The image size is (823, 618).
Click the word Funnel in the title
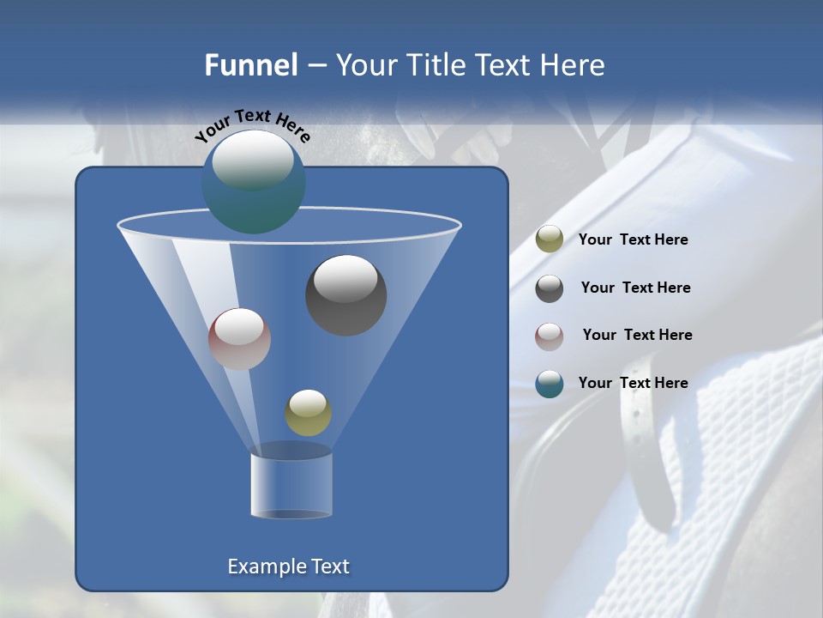[250, 65]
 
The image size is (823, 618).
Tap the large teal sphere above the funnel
[253, 181]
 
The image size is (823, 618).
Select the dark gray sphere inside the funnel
[346, 295]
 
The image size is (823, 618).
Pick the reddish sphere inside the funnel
[239, 339]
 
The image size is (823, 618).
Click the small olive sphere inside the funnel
[308, 413]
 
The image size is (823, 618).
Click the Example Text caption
[289, 566]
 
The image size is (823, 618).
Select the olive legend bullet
[550, 239]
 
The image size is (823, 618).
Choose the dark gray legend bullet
[550, 288]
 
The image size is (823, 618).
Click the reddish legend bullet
[550, 336]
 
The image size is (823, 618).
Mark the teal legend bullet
[550, 384]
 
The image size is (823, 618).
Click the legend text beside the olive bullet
[633, 240]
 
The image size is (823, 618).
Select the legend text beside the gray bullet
[635, 288]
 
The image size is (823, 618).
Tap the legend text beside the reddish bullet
[637, 336]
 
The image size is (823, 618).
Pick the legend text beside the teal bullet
[633, 384]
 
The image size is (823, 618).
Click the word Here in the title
[574, 65]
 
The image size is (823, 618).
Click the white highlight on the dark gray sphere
[345, 278]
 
